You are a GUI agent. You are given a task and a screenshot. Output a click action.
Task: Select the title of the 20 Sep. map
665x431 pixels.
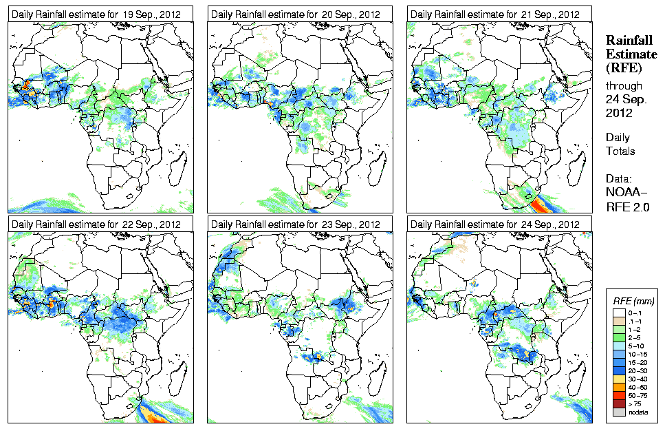pyautogui.click(x=296, y=14)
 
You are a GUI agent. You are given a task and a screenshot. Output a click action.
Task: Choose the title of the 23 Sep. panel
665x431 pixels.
pyautogui.click(x=296, y=224)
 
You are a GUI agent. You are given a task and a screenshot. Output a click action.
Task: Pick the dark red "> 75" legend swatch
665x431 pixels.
pyautogui.click(x=620, y=402)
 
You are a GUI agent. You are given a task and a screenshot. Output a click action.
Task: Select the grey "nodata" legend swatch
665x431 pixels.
pyautogui.click(x=620, y=411)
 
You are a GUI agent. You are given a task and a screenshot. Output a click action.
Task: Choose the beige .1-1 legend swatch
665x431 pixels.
pyautogui.click(x=620, y=321)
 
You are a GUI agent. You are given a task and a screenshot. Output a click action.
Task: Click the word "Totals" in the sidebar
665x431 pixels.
pyautogui.click(x=620, y=151)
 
